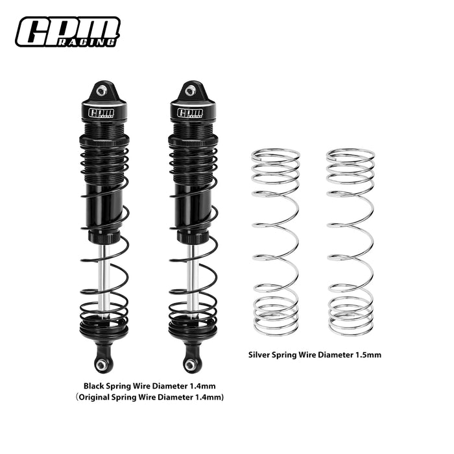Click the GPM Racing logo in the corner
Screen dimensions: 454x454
pos(67,32)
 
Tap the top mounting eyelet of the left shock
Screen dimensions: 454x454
pos(101,91)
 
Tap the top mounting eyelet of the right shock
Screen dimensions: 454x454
pos(190,91)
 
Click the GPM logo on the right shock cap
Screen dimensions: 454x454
pos(190,113)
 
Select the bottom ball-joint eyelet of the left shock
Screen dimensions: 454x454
pos(101,365)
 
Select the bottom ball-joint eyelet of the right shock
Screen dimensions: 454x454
pos(190,365)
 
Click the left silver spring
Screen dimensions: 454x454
pos(276,243)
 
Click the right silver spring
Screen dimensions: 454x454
pos(350,243)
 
